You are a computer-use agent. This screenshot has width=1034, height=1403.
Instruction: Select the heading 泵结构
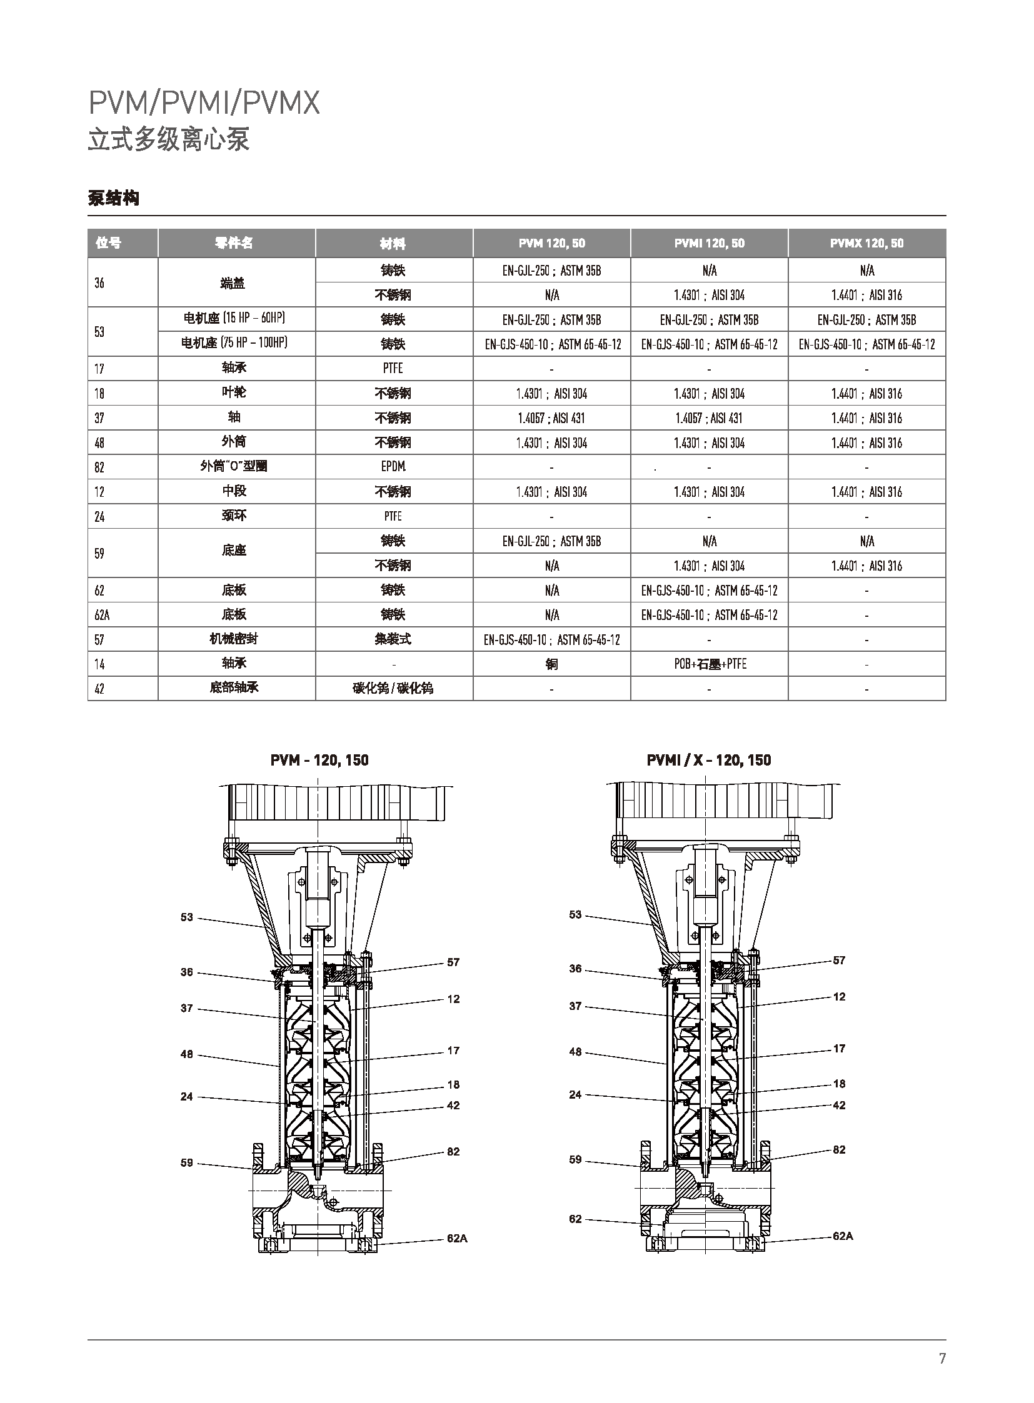(x=113, y=198)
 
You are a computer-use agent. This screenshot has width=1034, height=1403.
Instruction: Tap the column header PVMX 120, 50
(x=866, y=244)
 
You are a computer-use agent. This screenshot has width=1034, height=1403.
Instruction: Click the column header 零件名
(x=233, y=244)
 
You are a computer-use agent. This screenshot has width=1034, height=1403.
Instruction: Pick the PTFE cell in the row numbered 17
(x=393, y=369)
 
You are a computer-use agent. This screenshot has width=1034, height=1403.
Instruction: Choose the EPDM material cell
(x=393, y=467)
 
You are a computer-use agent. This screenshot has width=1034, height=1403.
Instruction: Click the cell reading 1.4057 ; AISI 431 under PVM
(x=551, y=418)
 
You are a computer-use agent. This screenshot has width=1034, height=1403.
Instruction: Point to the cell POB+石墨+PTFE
(x=710, y=664)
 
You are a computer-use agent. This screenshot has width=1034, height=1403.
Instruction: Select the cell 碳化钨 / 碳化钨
(x=393, y=688)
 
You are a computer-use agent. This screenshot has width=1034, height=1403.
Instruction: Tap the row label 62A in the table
(x=102, y=615)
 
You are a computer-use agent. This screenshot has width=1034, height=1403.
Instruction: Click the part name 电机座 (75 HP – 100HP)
(x=234, y=343)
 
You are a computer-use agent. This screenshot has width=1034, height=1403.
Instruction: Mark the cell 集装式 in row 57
(x=393, y=639)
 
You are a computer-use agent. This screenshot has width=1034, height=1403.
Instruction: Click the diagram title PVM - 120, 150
(x=319, y=761)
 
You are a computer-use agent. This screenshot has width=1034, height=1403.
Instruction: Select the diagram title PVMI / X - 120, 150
(x=708, y=761)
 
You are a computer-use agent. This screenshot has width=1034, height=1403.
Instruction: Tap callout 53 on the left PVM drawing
(x=186, y=917)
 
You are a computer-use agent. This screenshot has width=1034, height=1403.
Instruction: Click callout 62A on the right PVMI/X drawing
(x=843, y=1236)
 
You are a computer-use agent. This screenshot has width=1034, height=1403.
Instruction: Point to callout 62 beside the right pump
(x=575, y=1219)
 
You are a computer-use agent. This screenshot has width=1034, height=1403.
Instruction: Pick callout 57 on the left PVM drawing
(x=453, y=962)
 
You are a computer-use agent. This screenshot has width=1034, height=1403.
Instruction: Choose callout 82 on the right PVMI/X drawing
(x=840, y=1149)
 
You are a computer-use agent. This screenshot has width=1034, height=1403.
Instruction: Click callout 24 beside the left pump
(x=186, y=1096)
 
